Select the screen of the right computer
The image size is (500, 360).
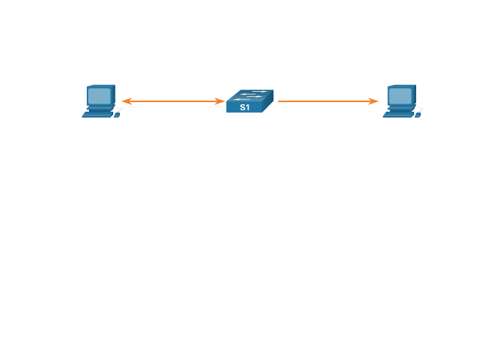tap(399, 96)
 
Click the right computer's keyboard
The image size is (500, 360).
tap(397, 115)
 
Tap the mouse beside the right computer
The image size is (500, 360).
tap(418, 114)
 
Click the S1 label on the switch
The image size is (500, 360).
tap(245, 107)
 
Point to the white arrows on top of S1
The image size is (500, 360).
tap(250, 95)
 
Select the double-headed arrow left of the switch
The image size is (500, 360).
tap(174, 101)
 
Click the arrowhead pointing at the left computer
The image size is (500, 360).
tap(126, 101)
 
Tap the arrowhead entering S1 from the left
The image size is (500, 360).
tap(221, 101)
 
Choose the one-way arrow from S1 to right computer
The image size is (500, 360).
tap(328, 101)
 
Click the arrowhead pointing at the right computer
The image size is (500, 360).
tap(375, 101)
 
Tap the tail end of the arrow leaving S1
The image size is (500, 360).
tap(279, 101)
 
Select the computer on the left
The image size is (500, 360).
tap(101, 101)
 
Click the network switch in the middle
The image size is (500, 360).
tap(249, 101)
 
